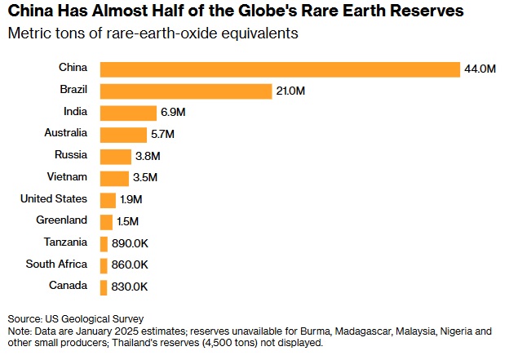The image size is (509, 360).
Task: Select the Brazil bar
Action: pyautogui.click(x=185, y=91)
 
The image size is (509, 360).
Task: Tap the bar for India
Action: pyautogui.click(x=127, y=113)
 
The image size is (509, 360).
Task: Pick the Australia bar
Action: pyautogui.click(x=122, y=135)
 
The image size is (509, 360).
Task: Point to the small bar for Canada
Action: pyautogui.click(x=104, y=287)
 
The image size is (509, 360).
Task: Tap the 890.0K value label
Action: pyautogui.click(x=131, y=243)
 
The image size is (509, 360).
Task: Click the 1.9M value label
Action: pyautogui.click(x=131, y=200)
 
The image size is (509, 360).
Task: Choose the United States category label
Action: pyautogui.click(x=54, y=198)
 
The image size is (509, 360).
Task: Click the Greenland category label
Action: pyautogui.click(x=63, y=220)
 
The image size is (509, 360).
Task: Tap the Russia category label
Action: pyautogui.click(x=72, y=154)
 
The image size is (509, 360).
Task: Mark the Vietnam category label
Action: pyautogui.click(x=69, y=176)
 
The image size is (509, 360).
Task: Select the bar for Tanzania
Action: pyautogui.click(x=104, y=243)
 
